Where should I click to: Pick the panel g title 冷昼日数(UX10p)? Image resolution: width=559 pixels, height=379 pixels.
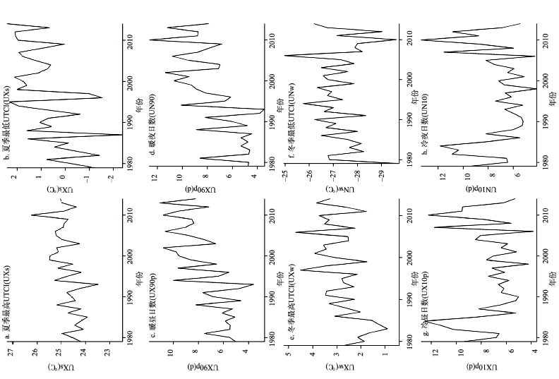tap(426, 311)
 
